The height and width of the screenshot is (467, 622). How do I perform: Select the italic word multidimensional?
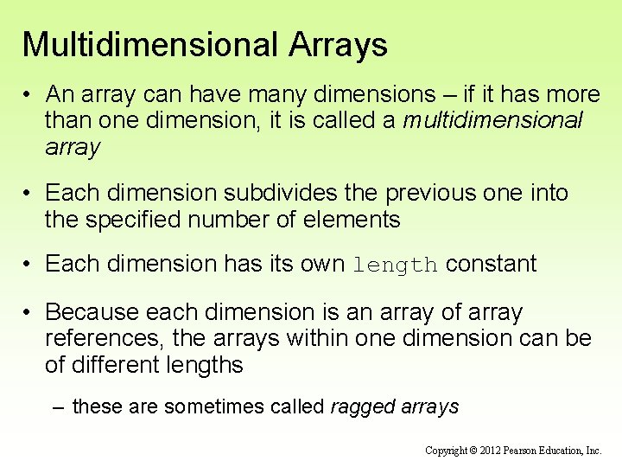492,120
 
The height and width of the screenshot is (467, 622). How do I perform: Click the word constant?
491,264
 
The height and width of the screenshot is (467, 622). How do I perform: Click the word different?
118,365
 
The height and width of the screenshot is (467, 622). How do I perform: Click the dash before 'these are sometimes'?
59,406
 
